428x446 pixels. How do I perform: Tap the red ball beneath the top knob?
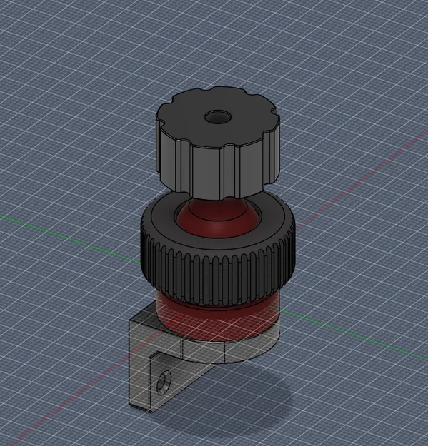point(214,217)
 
